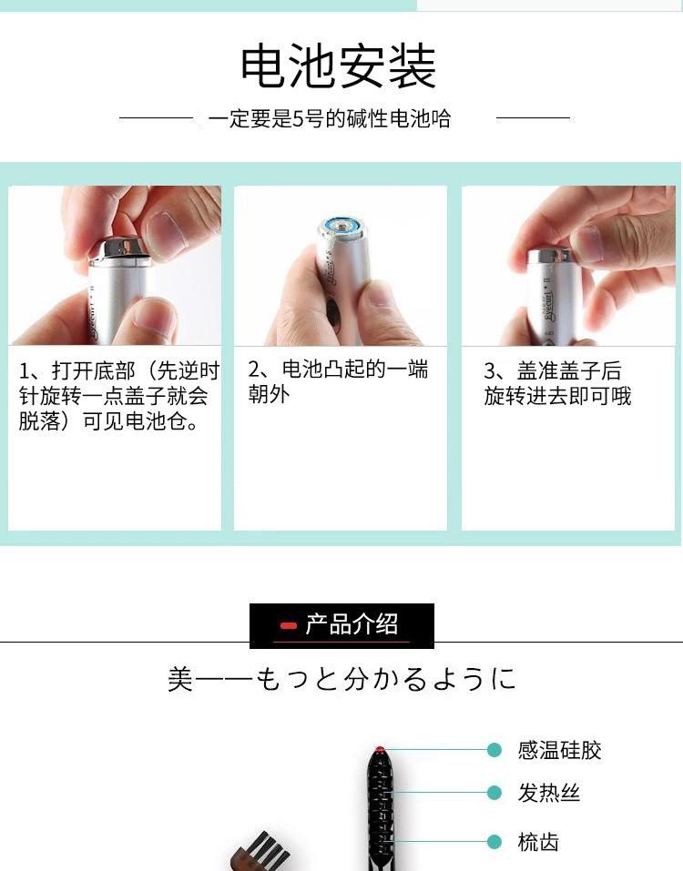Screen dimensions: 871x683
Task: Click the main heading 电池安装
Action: click(x=339, y=66)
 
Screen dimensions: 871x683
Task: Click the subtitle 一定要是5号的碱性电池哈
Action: click(x=329, y=119)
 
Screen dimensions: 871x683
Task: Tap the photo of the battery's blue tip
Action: click(x=343, y=224)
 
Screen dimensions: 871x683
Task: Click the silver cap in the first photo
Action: click(x=120, y=248)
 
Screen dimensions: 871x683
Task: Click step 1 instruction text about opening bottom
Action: click(x=119, y=397)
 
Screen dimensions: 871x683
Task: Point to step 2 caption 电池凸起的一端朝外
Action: click(x=338, y=381)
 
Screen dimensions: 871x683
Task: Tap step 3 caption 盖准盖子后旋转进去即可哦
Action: click(x=557, y=384)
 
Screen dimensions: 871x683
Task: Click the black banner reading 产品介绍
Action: click(x=342, y=625)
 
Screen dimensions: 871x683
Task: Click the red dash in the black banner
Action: click(x=289, y=626)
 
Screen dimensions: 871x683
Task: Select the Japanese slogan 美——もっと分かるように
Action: click(x=341, y=679)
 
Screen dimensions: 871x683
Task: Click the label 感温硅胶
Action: click(x=559, y=751)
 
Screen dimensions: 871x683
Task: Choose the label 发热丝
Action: click(x=549, y=794)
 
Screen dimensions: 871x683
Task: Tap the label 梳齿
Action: click(x=538, y=842)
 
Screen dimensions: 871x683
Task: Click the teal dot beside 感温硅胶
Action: click(x=494, y=750)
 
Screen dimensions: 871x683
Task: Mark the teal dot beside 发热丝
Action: click(x=494, y=793)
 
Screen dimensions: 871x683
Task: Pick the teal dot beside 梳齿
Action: click(x=494, y=842)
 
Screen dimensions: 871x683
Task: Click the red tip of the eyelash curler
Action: click(x=379, y=751)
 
